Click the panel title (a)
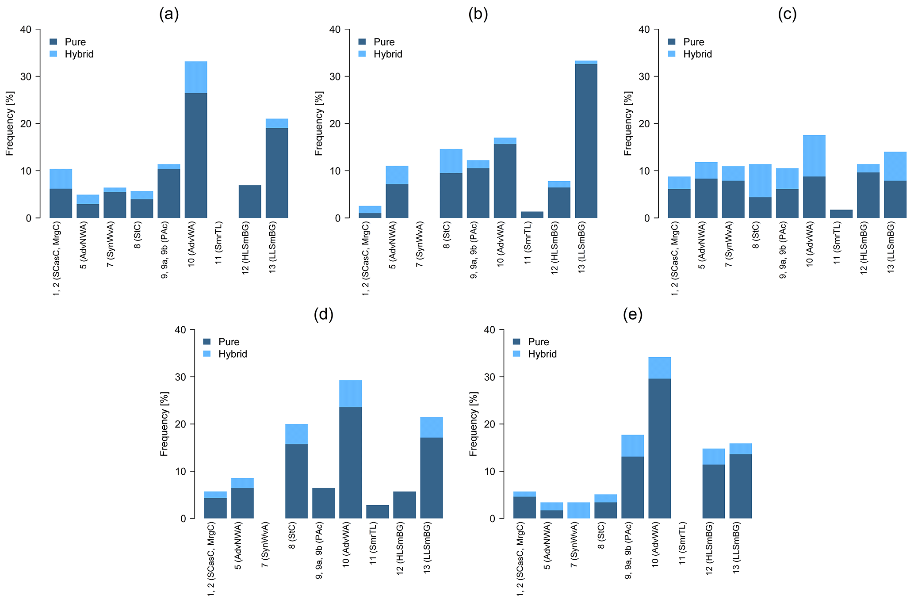(169, 15)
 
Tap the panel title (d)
(323, 314)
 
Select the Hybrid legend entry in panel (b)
(387, 54)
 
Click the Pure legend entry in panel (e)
(538, 342)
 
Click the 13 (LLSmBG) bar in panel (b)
(586, 141)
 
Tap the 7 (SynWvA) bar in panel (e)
(578, 510)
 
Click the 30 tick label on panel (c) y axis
(645, 76)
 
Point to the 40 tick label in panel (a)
(26, 30)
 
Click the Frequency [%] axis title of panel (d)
(164, 424)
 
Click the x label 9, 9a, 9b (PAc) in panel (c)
(783, 250)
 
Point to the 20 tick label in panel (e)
(490, 424)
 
